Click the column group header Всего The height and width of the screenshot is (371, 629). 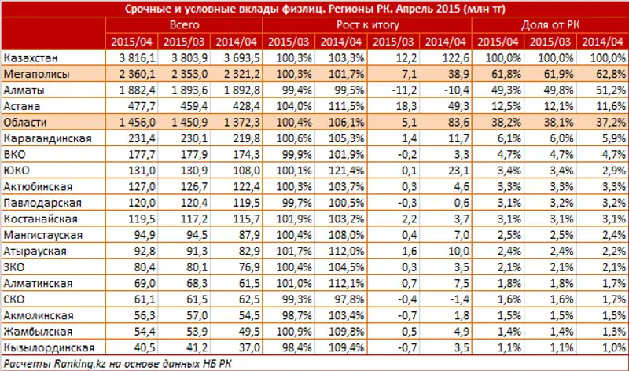183,25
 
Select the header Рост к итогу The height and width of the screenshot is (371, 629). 366,25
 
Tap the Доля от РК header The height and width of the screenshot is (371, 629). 550,25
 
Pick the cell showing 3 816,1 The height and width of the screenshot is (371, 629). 130,59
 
